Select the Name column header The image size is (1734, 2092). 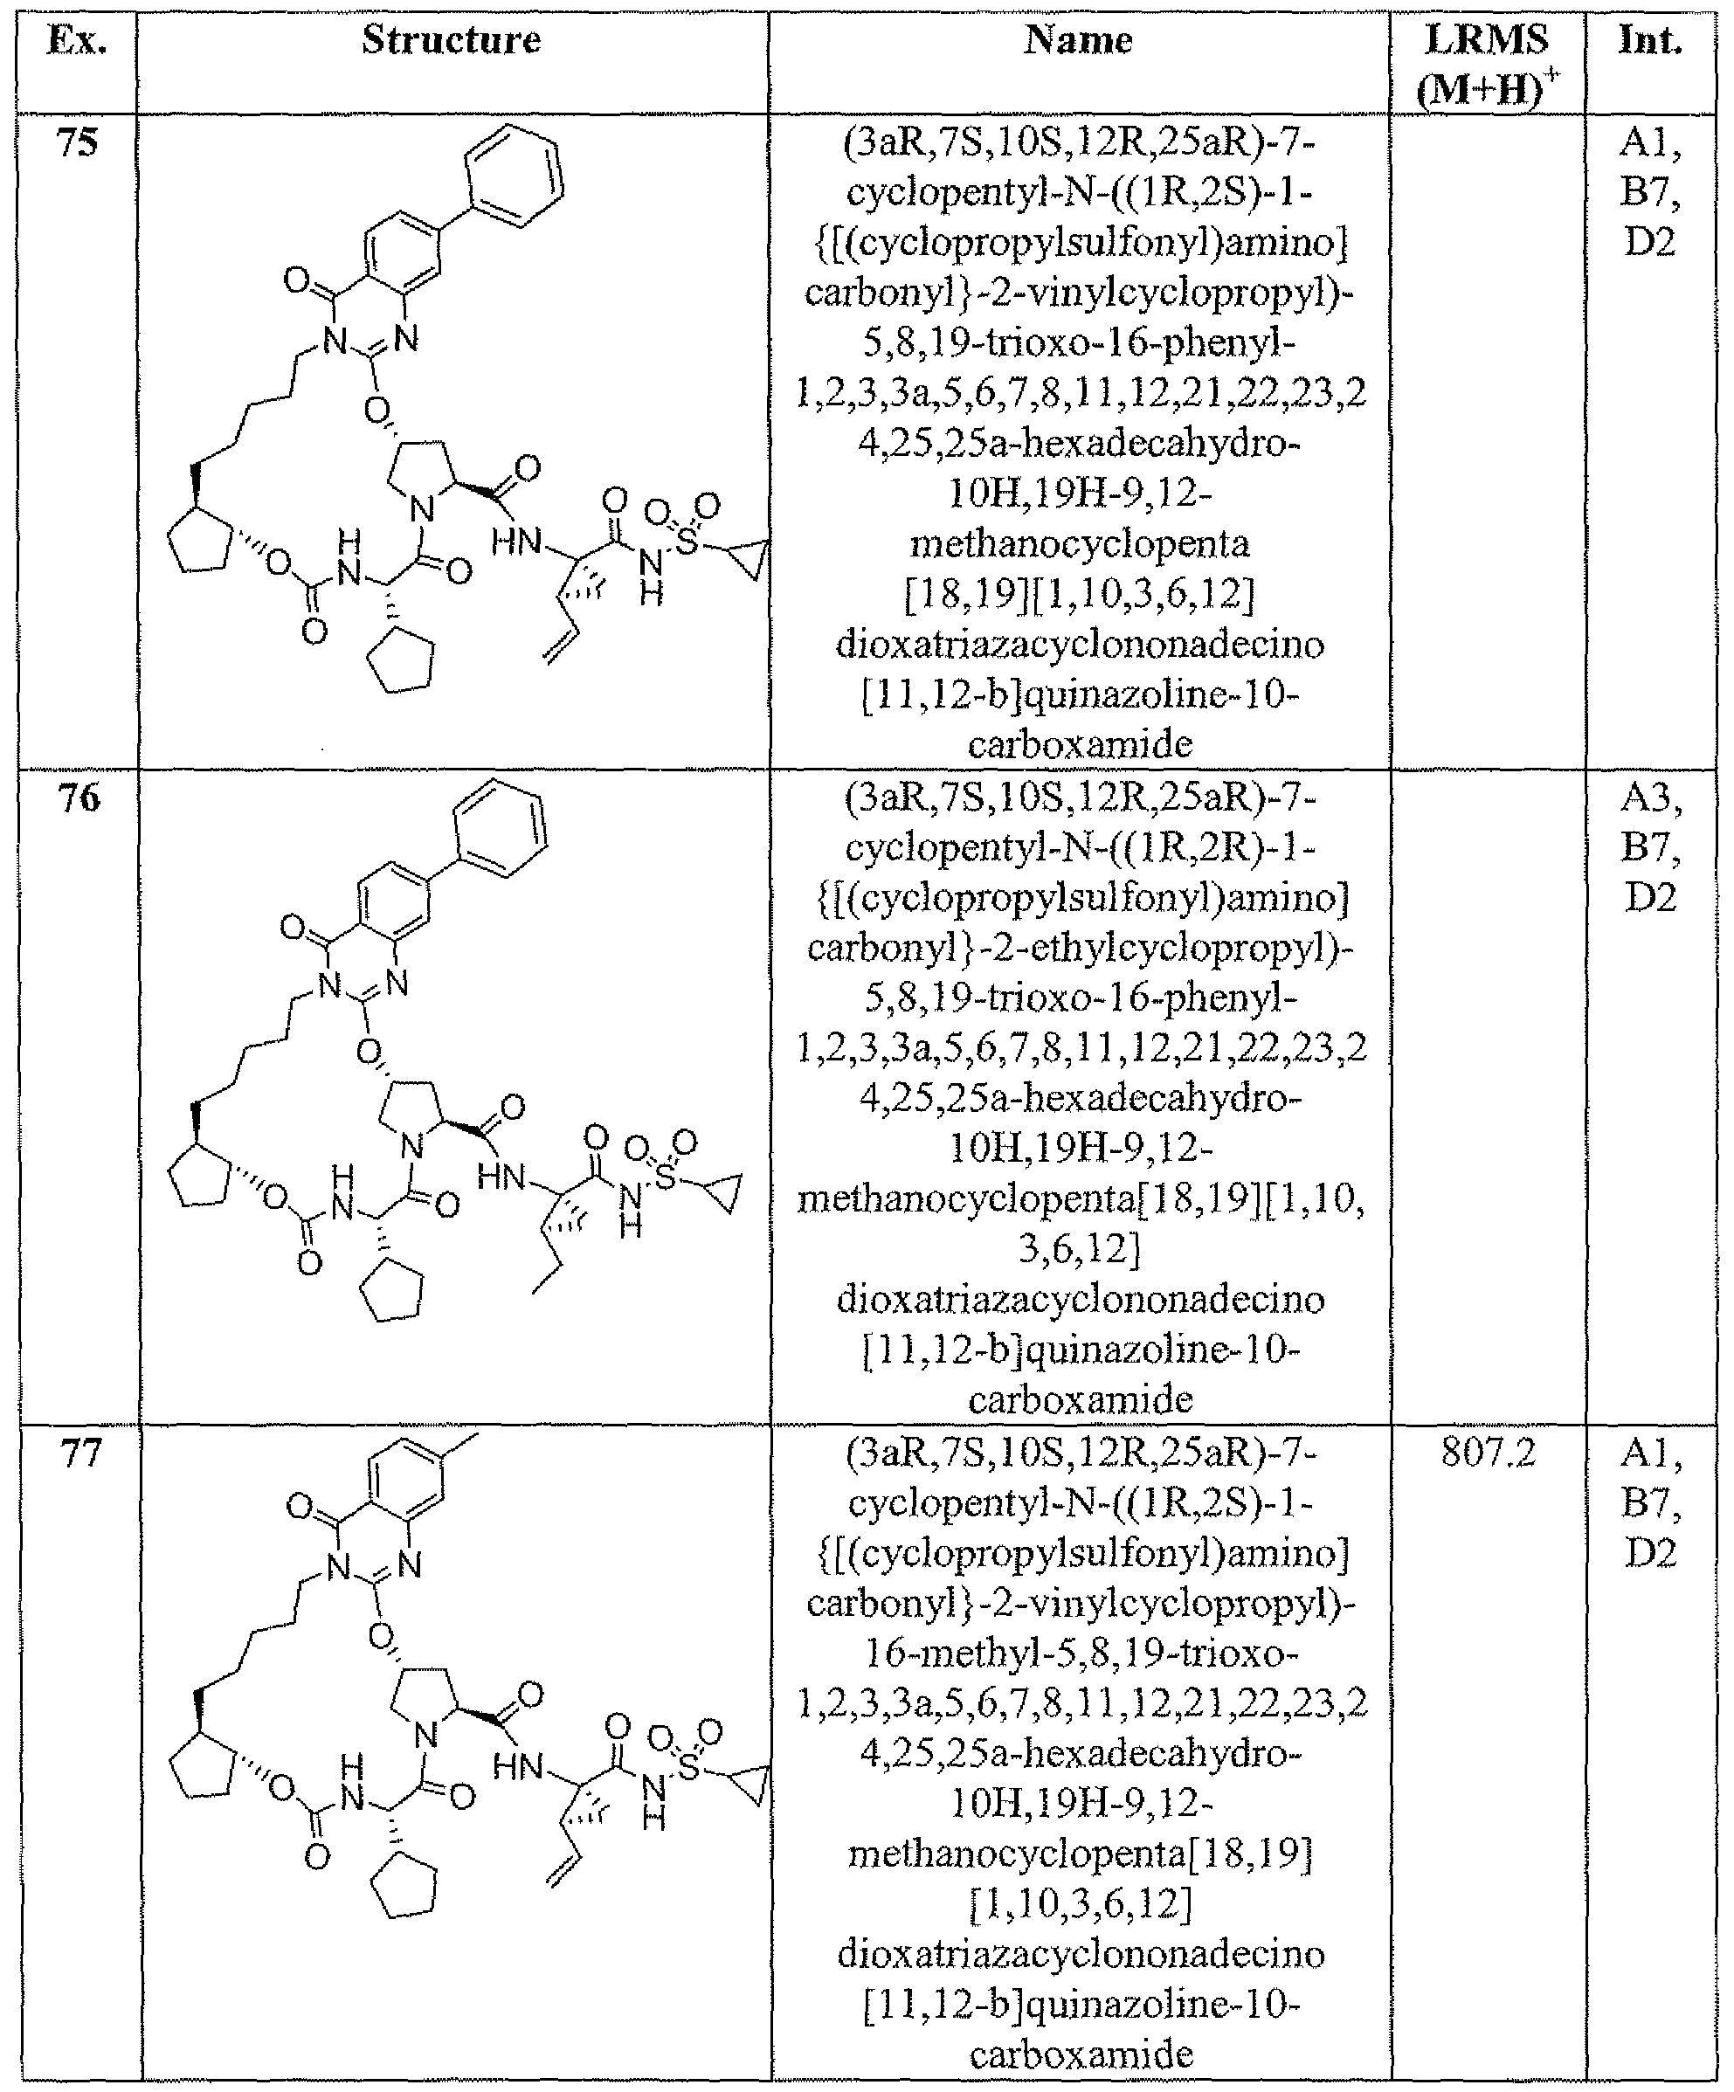1079,40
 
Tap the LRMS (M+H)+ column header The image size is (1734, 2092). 1487,66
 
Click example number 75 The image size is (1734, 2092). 78,142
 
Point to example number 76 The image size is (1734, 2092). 78,798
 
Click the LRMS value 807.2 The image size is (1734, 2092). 1488,1454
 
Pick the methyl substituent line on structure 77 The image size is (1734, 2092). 460,1445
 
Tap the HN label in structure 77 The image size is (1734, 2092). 518,1768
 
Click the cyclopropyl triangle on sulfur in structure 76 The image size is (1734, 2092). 725,1196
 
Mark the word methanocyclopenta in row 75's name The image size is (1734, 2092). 1080,544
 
